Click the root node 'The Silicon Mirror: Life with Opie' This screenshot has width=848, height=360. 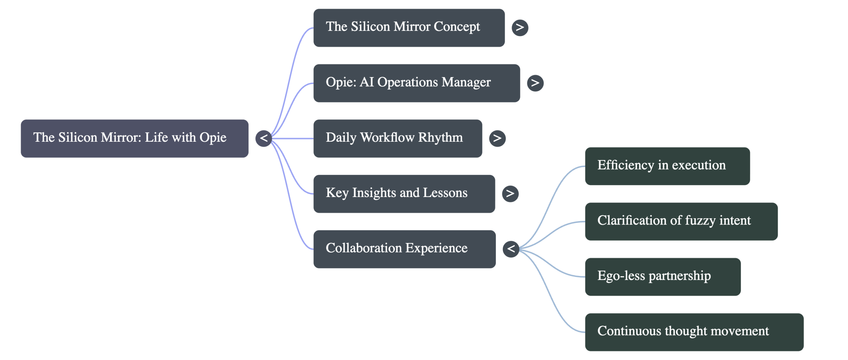click(134, 138)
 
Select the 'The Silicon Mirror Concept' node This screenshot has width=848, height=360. click(409, 28)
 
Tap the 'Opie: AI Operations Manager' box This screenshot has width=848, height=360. click(417, 83)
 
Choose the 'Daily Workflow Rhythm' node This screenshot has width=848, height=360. click(398, 138)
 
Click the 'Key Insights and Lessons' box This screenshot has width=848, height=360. click(404, 194)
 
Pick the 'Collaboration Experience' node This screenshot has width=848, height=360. click(405, 249)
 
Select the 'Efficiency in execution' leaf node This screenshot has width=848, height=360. click(667, 166)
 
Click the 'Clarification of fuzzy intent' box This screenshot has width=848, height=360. click(681, 221)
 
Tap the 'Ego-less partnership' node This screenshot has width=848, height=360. click(663, 277)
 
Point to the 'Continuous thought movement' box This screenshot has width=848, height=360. click(694, 332)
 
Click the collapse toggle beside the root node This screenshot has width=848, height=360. click(264, 138)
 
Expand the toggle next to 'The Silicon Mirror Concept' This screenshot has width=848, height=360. click(520, 27)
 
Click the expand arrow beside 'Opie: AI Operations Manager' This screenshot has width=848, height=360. click(535, 83)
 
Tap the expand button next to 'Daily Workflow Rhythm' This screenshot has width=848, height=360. click(498, 138)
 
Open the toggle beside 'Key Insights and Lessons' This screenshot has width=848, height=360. click(510, 193)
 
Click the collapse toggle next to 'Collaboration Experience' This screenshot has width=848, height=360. click(511, 249)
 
